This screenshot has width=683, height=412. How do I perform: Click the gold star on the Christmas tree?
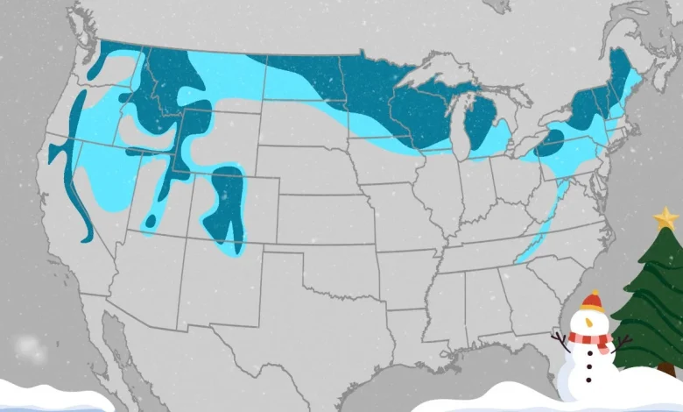(665, 217)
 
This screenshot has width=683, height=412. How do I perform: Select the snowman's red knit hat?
(593, 302)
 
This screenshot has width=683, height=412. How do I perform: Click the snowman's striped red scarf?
(589, 337)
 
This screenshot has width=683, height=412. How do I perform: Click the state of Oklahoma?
(368, 263)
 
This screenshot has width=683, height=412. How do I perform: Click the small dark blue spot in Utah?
(151, 222)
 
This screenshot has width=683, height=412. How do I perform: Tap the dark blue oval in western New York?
(550, 140)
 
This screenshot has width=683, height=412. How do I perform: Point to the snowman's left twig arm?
(560, 338)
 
